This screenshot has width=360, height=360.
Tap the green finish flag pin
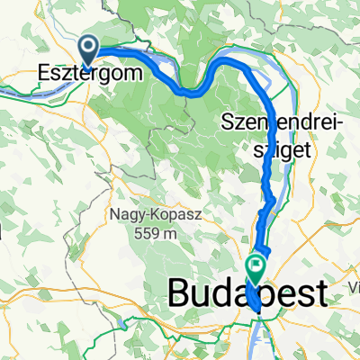(x=255, y=266)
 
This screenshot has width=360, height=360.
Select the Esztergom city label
(x=91, y=74)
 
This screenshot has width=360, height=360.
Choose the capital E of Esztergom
(x=43, y=73)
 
